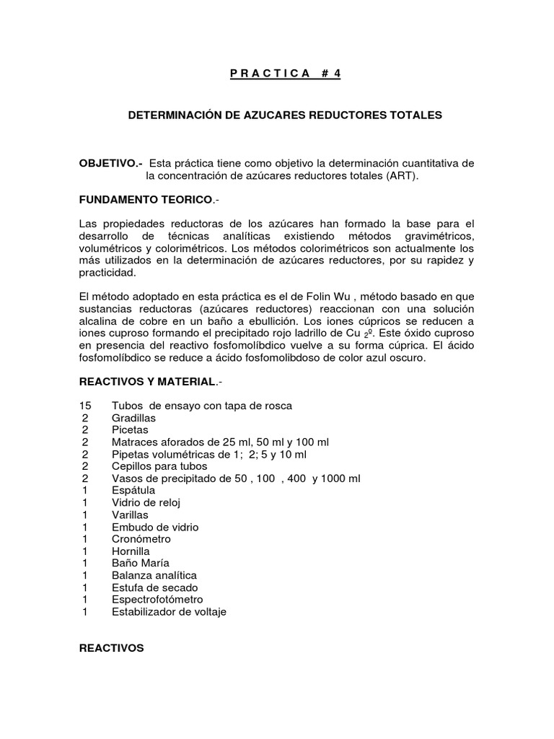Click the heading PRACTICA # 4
click(278, 74)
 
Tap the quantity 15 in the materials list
click(85, 406)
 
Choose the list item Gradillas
click(133, 418)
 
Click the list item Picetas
click(130, 430)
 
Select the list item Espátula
click(133, 491)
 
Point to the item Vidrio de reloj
click(146, 503)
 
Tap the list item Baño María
click(140, 564)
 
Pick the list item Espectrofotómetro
click(157, 600)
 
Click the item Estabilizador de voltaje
click(169, 612)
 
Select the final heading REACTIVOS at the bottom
click(111, 648)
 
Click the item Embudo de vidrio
click(154, 527)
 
